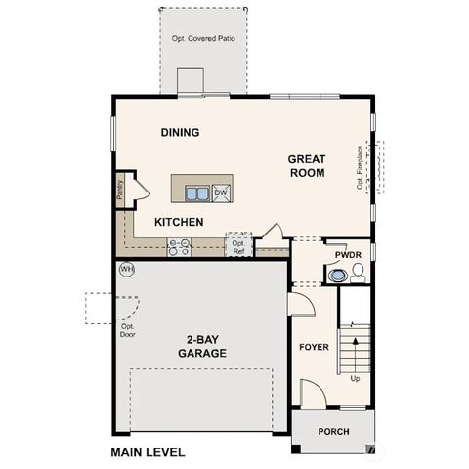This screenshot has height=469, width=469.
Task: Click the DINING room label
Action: click(x=180, y=132)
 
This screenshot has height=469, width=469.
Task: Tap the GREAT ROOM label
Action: click(x=306, y=165)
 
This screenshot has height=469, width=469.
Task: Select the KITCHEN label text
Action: click(x=179, y=222)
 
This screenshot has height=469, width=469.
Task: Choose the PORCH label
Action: click(x=332, y=432)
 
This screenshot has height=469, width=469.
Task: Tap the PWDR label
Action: click(x=348, y=255)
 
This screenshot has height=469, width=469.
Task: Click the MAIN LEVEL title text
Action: click(x=147, y=453)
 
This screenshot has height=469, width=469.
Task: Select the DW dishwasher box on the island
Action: click(x=221, y=192)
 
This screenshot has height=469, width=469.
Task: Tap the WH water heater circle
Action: click(x=125, y=269)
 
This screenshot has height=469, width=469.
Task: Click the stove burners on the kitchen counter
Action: click(x=179, y=247)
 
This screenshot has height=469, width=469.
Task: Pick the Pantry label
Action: click(x=120, y=189)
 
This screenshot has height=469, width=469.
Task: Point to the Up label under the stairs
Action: click(x=355, y=378)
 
